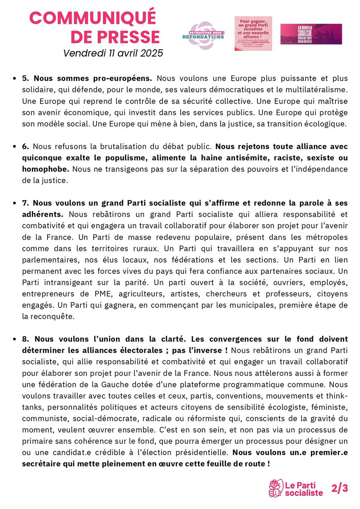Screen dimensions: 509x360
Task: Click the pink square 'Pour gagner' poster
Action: coord(253,34)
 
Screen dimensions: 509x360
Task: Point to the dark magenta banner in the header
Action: coord(311,34)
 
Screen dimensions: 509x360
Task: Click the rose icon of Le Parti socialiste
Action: coord(276,488)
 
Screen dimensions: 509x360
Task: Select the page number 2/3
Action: coord(339,488)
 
